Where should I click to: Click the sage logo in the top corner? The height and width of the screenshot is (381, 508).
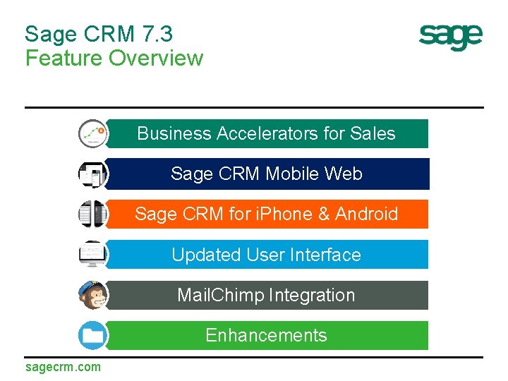pos(451,37)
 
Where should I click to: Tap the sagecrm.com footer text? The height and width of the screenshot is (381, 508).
pos(63,367)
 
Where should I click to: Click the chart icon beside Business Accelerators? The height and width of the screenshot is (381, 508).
pos(92,133)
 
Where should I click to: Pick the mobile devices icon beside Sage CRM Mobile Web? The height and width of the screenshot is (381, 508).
pos(92,174)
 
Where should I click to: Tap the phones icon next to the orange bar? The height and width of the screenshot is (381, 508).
pos(92,214)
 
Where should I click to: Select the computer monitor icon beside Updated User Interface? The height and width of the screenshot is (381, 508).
pos(92,254)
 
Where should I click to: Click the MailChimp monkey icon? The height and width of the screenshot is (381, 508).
pos(92,295)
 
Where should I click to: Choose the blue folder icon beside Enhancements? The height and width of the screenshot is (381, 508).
pos(92,335)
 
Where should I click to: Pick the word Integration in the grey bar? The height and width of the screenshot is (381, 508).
pos(310,295)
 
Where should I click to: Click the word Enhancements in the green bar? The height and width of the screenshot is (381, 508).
pos(266,335)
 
